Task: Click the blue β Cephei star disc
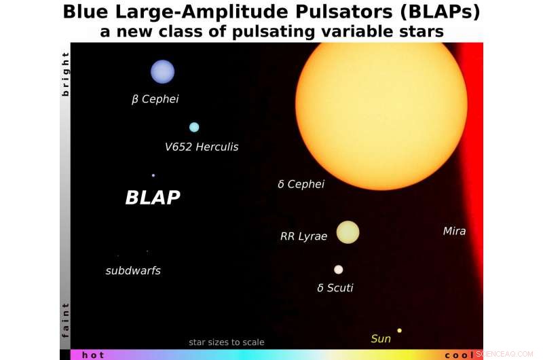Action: pyautogui.click(x=162, y=71)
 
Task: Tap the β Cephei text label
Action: pyautogui.click(x=155, y=99)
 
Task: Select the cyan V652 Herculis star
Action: pyautogui.click(x=194, y=127)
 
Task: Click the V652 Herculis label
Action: pyautogui.click(x=202, y=147)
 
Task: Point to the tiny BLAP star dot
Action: pyautogui.click(x=153, y=175)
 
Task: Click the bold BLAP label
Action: pyautogui.click(x=153, y=198)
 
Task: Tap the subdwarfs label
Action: pyautogui.click(x=133, y=271)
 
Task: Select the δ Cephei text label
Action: pyautogui.click(x=301, y=184)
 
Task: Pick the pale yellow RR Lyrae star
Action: pyautogui.click(x=348, y=232)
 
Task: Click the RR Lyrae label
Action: pyautogui.click(x=303, y=237)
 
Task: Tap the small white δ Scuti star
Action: pyautogui.click(x=338, y=270)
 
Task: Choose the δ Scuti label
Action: pyautogui.click(x=335, y=288)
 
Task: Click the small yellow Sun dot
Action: pyautogui.click(x=399, y=331)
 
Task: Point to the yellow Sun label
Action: pyautogui.click(x=381, y=338)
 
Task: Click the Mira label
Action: pyautogui.click(x=454, y=232)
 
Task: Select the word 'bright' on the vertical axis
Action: pyautogui.click(x=65, y=73)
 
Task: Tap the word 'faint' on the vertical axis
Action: pyautogui.click(x=65, y=320)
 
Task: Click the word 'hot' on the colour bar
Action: pyautogui.click(x=93, y=355)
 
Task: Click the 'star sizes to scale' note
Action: pyautogui.click(x=227, y=342)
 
